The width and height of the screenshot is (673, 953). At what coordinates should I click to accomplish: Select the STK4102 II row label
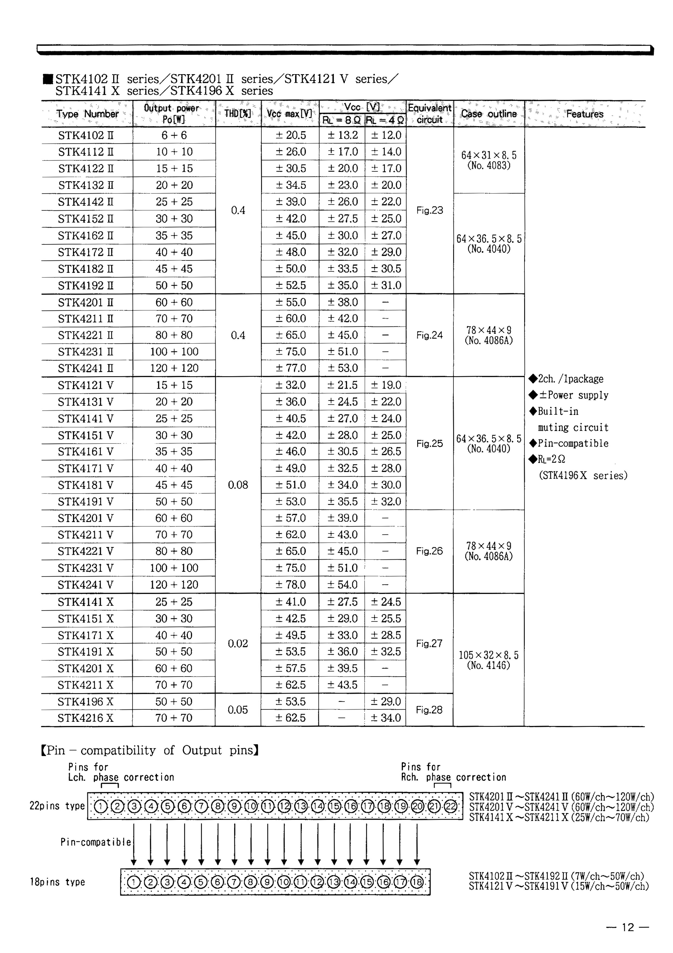pos(86,135)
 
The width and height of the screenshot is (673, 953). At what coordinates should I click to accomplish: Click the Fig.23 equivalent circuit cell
pos(429,210)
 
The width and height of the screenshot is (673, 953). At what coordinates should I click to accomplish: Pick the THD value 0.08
pos(238,485)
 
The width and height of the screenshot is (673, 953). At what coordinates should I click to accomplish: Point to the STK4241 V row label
pos(86,585)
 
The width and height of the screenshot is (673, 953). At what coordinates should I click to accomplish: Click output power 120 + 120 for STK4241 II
pos(174,368)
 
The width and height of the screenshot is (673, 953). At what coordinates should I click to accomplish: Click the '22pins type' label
pos(57,806)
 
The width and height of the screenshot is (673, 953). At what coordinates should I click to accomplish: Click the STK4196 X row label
pos(86,702)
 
